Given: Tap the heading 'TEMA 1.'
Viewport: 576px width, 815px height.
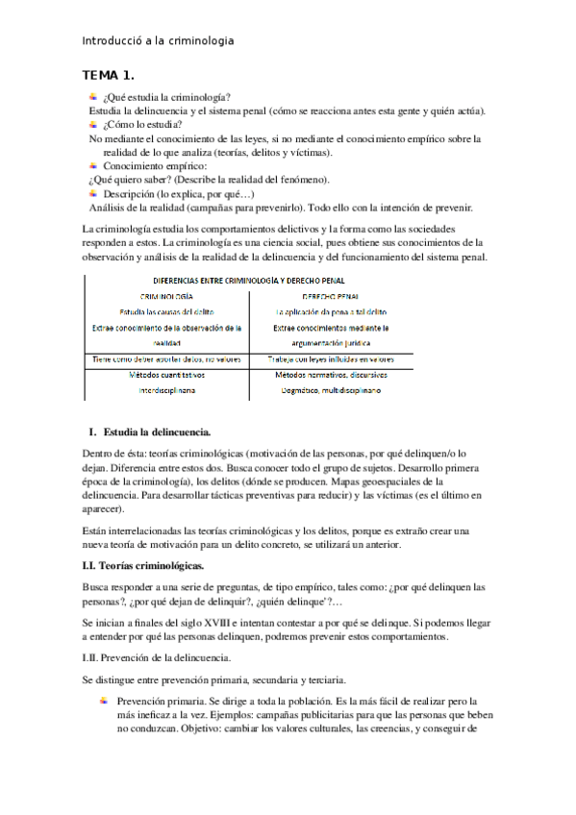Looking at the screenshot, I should (109, 75).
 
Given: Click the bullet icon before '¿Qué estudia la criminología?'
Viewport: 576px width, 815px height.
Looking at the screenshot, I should (92, 96).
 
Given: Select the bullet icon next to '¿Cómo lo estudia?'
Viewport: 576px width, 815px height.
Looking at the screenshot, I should (92, 123).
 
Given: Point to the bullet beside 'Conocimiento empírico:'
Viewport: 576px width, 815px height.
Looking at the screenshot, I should (92, 164).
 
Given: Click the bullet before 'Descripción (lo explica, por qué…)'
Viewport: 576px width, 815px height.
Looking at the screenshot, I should (92, 191).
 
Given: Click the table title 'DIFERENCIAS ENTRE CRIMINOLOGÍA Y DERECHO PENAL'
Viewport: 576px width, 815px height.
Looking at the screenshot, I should (249, 280).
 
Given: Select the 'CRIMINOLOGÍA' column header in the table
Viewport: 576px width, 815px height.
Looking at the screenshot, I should (166, 296).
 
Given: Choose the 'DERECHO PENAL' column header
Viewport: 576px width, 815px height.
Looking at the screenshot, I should (330, 296).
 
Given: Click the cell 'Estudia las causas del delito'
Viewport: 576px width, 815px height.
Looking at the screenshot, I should (166, 311).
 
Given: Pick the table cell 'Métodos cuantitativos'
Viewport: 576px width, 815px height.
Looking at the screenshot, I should (166, 375).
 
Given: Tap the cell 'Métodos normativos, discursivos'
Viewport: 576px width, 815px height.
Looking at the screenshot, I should (330, 375).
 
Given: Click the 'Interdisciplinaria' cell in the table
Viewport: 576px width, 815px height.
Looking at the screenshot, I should (166, 391).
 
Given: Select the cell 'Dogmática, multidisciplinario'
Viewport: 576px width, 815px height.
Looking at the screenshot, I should (330, 391).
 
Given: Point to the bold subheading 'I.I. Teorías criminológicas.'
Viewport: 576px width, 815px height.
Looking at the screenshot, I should (141, 566).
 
